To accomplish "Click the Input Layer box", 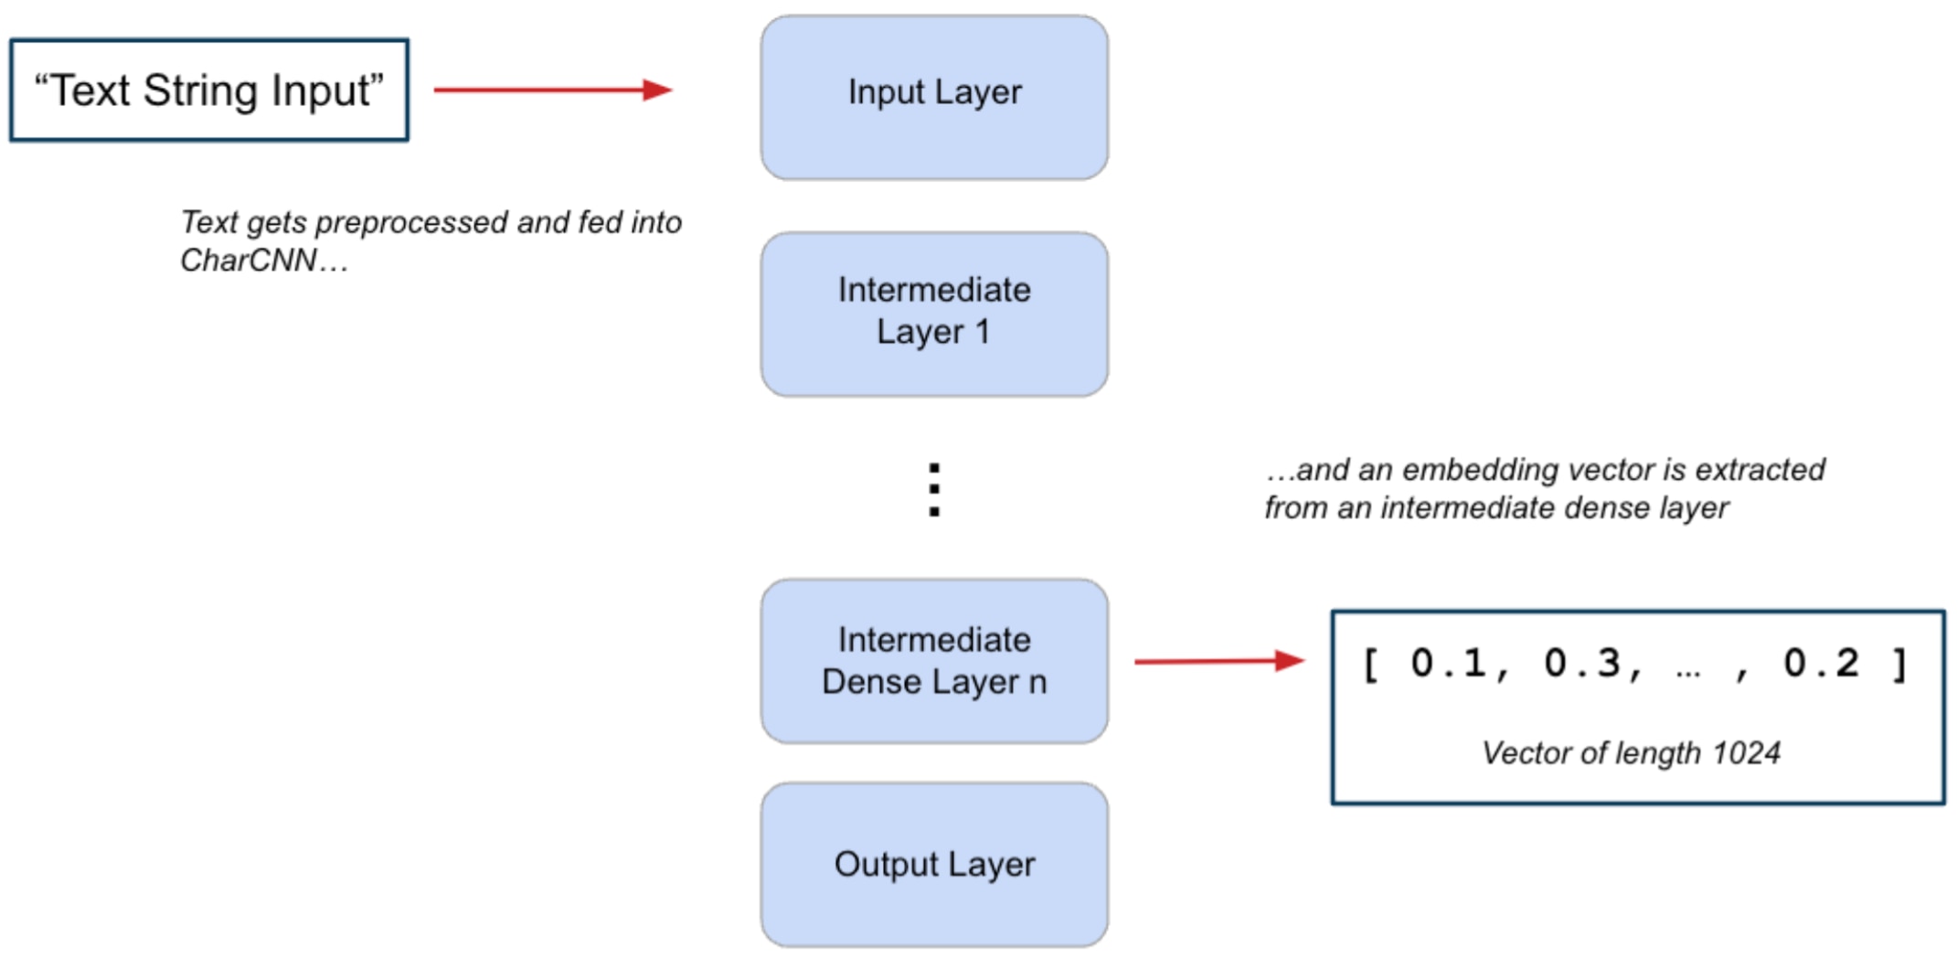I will click(x=934, y=97).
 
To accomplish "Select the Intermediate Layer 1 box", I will click(x=934, y=314).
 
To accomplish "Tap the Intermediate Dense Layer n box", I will click(x=934, y=660).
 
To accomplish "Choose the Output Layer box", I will click(x=934, y=864).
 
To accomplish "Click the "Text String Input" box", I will click(x=208, y=90).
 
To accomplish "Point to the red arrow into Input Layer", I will click(x=552, y=90).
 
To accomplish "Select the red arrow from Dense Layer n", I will click(x=1218, y=660).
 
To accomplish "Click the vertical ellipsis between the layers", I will click(x=934, y=490).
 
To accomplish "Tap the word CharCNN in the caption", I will click(x=248, y=261).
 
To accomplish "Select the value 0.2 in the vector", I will click(x=1821, y=664).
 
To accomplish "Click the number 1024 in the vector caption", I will click(x=1746, y=753).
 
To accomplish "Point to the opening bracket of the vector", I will click(x=1370, y=664).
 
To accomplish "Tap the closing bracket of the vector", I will click(x=1899, y=664).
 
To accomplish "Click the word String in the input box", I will click(x=200, y=90).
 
